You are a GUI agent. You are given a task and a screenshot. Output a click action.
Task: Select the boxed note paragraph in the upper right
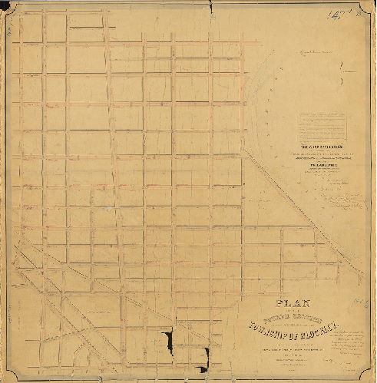coord(322,122)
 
